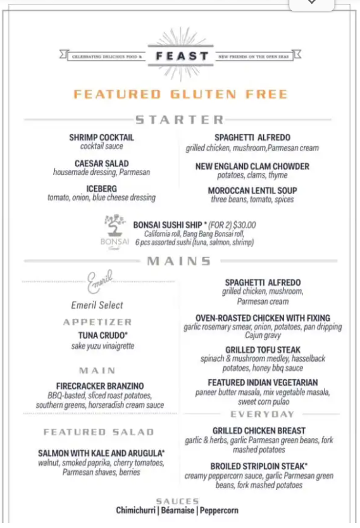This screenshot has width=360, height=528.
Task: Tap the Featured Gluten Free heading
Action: (180, 94)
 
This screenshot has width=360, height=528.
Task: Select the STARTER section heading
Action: (180, 120)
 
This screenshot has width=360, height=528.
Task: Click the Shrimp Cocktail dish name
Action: (101, 137)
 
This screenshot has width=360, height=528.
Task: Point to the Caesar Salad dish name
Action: (101, 163)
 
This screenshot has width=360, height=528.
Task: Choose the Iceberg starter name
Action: (101, 188)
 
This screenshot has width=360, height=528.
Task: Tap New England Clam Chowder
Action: (252, 166)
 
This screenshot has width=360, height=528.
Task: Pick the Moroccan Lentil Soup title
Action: (252, 190)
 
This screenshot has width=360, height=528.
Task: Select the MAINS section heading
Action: (179, 261)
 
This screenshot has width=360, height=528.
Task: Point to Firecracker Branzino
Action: (100, 386)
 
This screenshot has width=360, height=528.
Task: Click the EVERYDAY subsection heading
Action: (263, 414)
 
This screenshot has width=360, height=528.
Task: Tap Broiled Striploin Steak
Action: (259, 467)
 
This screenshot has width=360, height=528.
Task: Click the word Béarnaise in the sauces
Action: (178, 510)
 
